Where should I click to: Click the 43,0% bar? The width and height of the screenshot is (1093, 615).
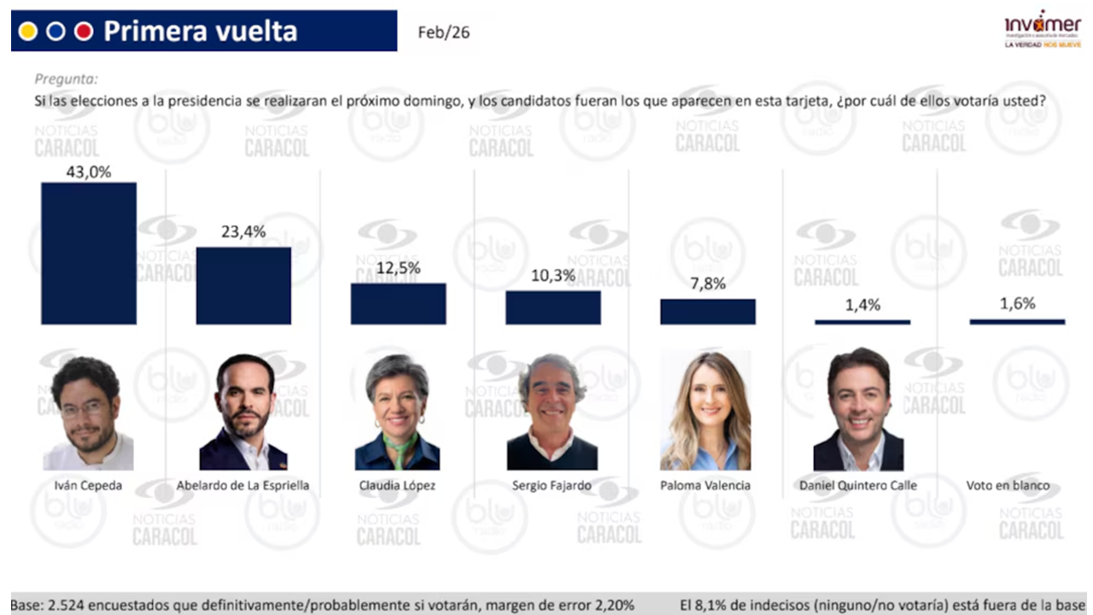89,253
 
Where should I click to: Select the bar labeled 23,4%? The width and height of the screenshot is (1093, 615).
243,285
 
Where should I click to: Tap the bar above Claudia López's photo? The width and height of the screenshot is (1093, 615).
398,303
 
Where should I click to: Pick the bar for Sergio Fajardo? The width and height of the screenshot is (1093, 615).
552,307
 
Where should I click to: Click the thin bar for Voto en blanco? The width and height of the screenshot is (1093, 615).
1017,321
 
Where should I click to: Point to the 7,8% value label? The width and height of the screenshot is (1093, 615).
708,284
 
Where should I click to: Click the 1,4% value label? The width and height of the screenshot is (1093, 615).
862,305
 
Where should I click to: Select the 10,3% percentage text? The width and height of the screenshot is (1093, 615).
552,275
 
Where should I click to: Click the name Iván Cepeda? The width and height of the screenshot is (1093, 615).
88,485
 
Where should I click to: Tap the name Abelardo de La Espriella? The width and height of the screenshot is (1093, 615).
243,485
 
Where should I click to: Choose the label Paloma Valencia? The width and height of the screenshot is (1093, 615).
705,485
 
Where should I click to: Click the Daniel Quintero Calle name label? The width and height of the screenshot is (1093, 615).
858,485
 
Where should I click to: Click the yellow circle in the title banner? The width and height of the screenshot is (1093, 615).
28,32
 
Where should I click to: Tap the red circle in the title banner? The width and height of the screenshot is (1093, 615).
83,32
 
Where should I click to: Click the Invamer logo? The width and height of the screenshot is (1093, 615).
1042,30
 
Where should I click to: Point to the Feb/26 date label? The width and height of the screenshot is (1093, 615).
443,33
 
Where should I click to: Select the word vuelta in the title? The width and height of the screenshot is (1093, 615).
256,32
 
